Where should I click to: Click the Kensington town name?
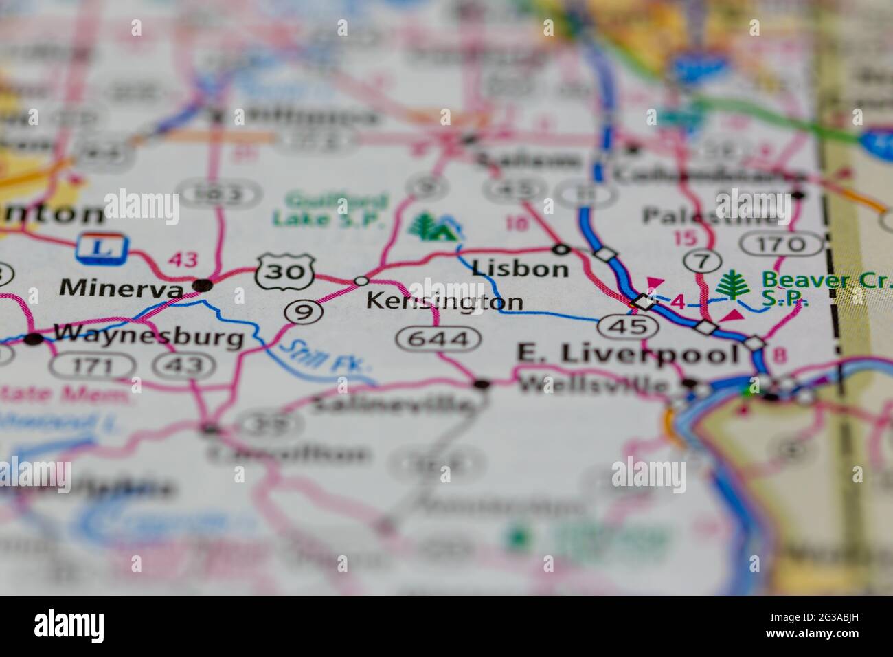[x=444, y=301]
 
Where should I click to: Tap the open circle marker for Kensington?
[x=361, y=280]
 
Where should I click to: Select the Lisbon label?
[x=520, y=268]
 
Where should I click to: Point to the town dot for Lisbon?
[x=562, y=248]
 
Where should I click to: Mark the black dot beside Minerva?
[x=202, y=284]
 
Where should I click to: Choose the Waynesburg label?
[x=148, y=337]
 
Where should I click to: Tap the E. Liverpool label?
[x=627, y=354]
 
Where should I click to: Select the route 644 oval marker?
[x=438, y=338]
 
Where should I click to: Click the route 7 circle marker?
[x=701, y=261]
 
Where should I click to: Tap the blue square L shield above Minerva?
[x=103, y=247]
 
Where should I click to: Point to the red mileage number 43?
[x=183, y=260]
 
